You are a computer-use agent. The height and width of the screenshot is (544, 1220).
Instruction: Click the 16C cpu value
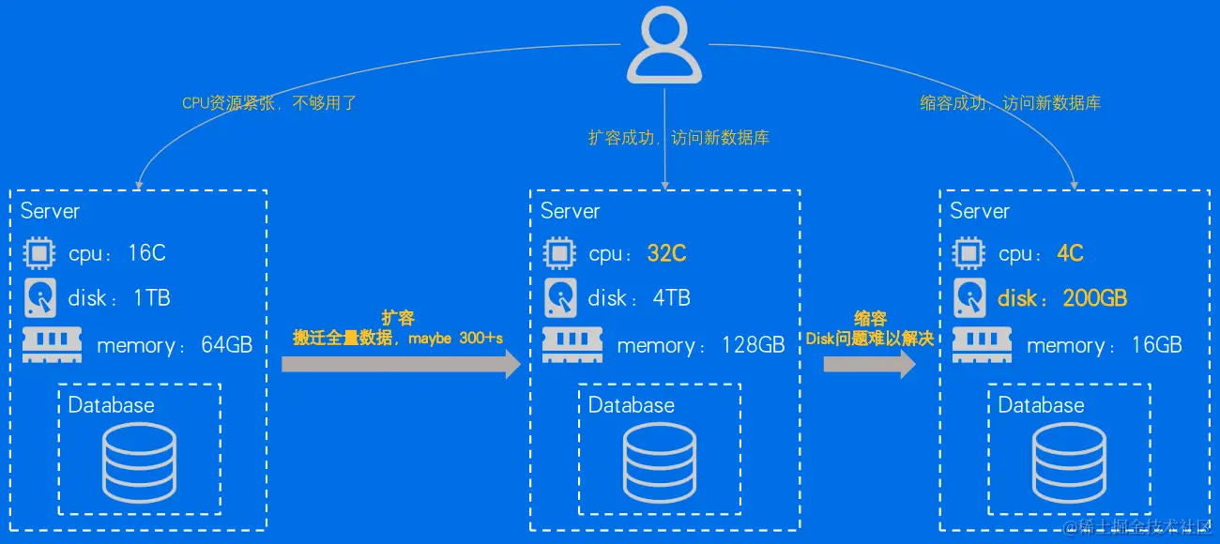click(146, 253)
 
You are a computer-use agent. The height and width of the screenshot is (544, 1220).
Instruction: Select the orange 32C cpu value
click(666, 253)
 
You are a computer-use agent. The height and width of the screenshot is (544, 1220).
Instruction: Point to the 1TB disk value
click(151, 298)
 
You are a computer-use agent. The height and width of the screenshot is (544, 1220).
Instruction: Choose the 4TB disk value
click(671, 298)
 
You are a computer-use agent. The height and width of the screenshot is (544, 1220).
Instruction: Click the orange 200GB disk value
click(1094, 298)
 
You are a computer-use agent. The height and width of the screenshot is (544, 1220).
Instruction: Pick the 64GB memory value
click(226, 345)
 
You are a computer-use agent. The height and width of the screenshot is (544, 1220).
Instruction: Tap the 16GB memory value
click(1156, 345)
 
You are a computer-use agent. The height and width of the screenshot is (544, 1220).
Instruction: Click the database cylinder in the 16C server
click(139, 461)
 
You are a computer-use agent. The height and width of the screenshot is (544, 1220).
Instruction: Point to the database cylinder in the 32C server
click(660, 461)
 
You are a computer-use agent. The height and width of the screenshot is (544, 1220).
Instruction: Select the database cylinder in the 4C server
click(1069, 461)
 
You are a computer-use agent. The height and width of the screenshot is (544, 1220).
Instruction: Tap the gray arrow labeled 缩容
click(869, 363)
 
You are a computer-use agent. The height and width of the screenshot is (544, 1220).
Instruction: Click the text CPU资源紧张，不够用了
click(269, 103)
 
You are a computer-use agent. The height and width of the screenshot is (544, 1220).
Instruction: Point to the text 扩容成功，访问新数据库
click(679, 138)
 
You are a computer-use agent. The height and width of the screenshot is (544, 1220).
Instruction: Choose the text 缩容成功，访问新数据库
click(1010, 103)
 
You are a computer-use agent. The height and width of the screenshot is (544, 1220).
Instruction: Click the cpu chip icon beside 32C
click(560, 253)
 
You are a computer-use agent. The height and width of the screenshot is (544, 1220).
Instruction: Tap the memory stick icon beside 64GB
click(52, 345)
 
